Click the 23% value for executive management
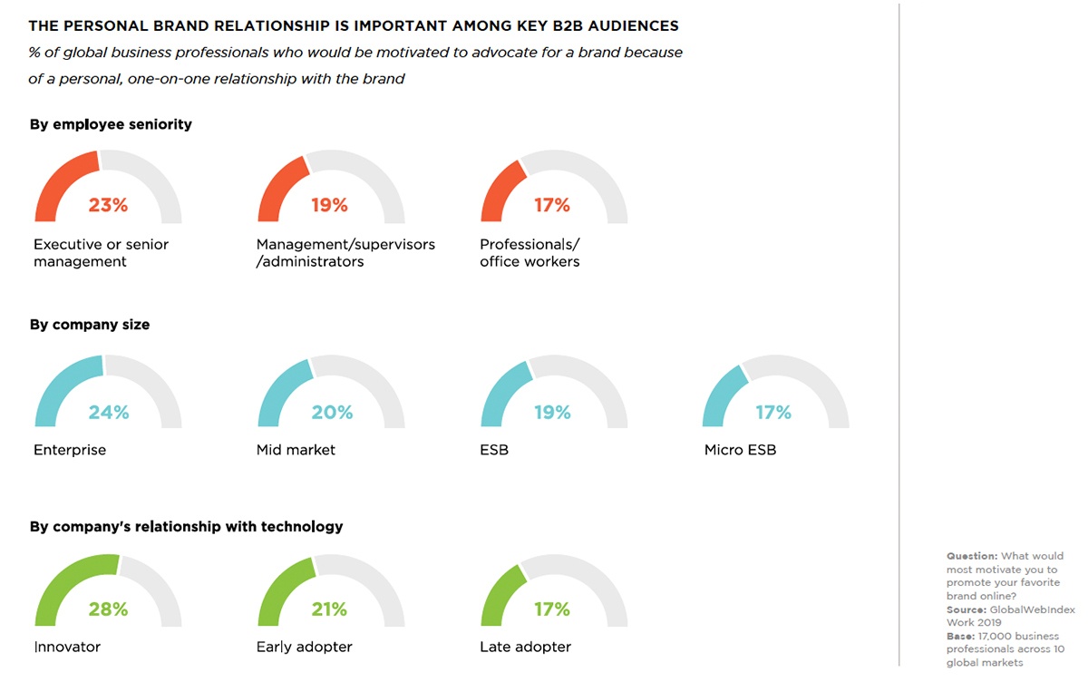coord(108,206)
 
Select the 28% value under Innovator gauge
coord(108,609)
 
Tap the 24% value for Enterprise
coord(108,413)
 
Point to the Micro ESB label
coord(740,450)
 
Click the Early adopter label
coord(304,647)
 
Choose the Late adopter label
coord(525,647)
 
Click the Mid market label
coord(296,450)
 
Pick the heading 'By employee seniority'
coord(111,124)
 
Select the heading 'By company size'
coord(90,325)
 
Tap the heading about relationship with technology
coord(186,526)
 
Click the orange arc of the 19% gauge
coord(276,185)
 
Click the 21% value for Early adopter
coord(329,609)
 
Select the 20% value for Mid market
coord(332,413)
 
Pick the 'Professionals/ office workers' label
coord(529,253)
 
